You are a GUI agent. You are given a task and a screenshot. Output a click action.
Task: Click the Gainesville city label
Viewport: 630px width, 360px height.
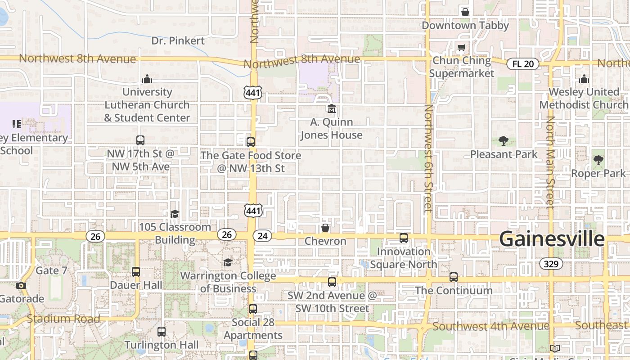552,238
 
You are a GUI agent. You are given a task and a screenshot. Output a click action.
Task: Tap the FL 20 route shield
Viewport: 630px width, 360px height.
523,64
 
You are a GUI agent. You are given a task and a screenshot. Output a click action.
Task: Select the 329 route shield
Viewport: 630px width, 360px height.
551,264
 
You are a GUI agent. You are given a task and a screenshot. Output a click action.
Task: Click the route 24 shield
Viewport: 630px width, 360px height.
262,236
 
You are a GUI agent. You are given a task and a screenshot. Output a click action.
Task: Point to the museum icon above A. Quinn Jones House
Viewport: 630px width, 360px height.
332,109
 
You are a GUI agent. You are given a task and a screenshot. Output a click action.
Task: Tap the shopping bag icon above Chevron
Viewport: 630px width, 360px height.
325,228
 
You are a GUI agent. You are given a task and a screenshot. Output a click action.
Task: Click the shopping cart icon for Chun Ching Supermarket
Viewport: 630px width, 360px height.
461,48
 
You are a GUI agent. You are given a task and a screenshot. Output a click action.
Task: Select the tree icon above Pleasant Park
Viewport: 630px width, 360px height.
503,141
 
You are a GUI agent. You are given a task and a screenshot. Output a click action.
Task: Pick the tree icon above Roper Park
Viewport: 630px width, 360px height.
598,160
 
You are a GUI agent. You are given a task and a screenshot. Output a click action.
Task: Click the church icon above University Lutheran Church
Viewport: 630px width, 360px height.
147,79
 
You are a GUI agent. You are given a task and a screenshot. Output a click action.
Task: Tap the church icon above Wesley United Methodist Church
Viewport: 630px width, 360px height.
584,79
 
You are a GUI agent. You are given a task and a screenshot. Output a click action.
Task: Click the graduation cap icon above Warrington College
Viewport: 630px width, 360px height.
228,262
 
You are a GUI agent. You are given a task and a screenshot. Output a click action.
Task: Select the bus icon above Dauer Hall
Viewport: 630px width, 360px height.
136,272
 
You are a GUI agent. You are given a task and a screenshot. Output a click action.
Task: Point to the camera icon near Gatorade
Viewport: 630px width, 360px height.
21,285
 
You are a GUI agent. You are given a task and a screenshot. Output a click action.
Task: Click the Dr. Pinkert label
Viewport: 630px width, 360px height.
178,40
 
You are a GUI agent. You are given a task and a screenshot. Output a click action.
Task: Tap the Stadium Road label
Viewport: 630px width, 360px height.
63,319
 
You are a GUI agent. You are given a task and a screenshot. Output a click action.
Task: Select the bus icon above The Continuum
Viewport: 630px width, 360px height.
454,277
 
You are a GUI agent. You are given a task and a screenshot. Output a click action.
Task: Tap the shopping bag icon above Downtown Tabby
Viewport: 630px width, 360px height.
465,12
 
